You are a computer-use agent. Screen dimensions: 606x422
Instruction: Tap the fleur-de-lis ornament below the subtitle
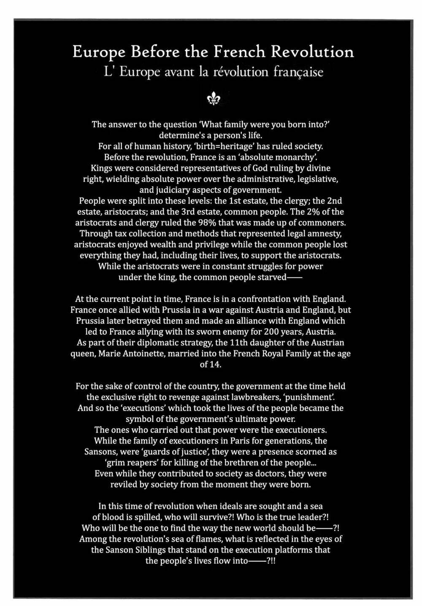pyautogui.click(x=214, y=99)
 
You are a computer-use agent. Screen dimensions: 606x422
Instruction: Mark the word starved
pyautogui.click(x=273, y=277)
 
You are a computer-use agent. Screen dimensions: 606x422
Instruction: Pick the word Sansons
pyautogui.click(x=101, y=452)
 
